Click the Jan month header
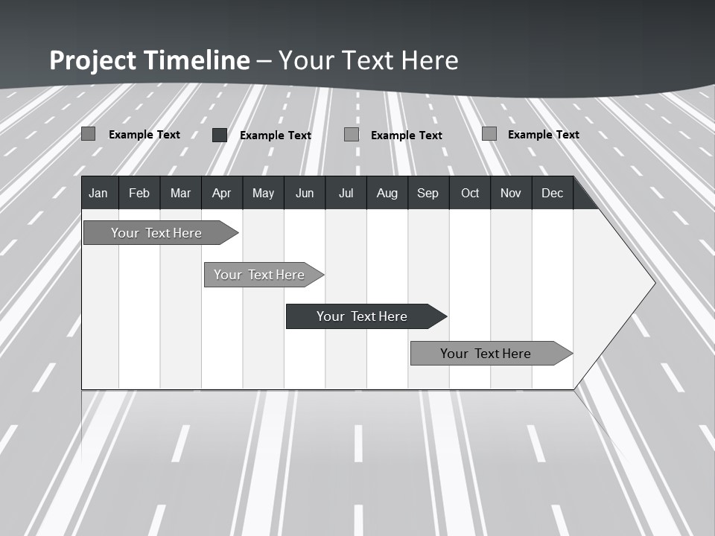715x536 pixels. click(98, 194)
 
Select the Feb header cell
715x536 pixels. click(139, 194)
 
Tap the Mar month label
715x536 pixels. click(180, 194)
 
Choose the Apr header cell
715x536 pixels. click(221, 194)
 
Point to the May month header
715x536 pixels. click(263, 194)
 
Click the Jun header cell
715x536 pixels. click(305, 194)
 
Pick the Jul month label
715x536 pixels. click(346, 194)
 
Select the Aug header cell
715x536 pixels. click(387, 194)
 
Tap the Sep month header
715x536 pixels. click(428, 194)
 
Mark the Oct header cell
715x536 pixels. click(470, 194)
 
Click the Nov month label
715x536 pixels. click(511, 194)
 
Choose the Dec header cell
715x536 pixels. click(553, 194)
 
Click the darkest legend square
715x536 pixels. click(219, 135)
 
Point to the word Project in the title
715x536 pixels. click(92, 60)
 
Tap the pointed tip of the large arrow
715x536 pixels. click(652, 282)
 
